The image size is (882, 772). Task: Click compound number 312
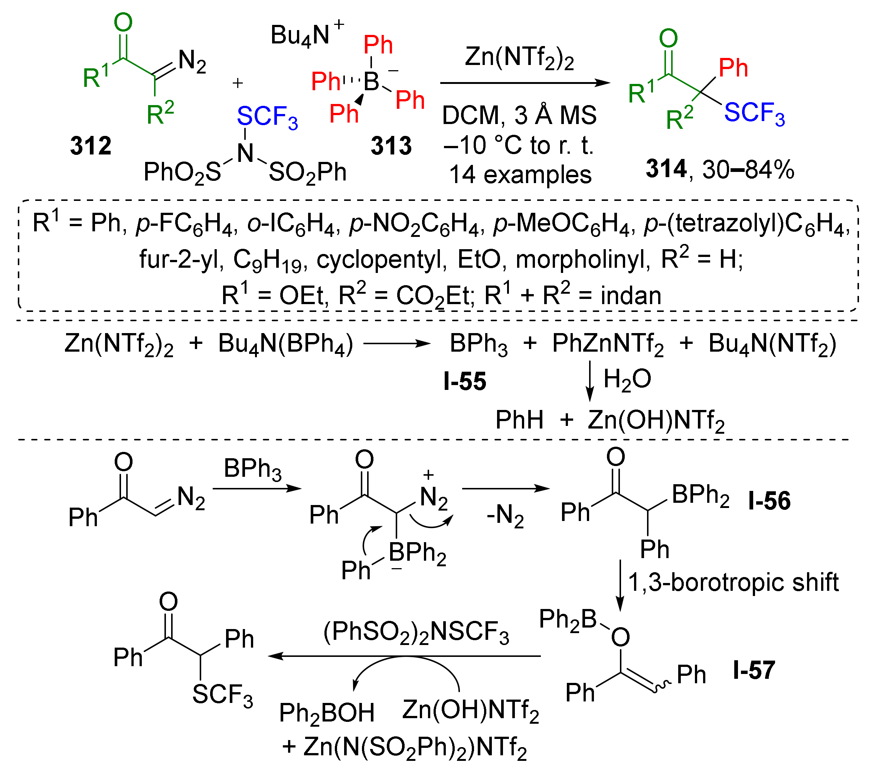tap(91, 146)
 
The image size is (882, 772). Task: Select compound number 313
tap(391, 146)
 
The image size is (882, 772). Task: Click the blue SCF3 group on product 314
tap(754, 113)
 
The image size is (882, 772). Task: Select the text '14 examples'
tap(520, 175)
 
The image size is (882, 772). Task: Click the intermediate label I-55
tap(465, 382)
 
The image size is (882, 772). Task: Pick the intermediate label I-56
tap(769, 501)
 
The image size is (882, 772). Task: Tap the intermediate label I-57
tap(754, 670)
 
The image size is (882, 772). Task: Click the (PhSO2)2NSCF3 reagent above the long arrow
tap(416, 633)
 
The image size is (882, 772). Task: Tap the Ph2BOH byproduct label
tap(326, 713)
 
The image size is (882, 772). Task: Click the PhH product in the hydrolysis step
tap(519, 420)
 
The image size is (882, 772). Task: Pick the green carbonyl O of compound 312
tap(123, 22)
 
